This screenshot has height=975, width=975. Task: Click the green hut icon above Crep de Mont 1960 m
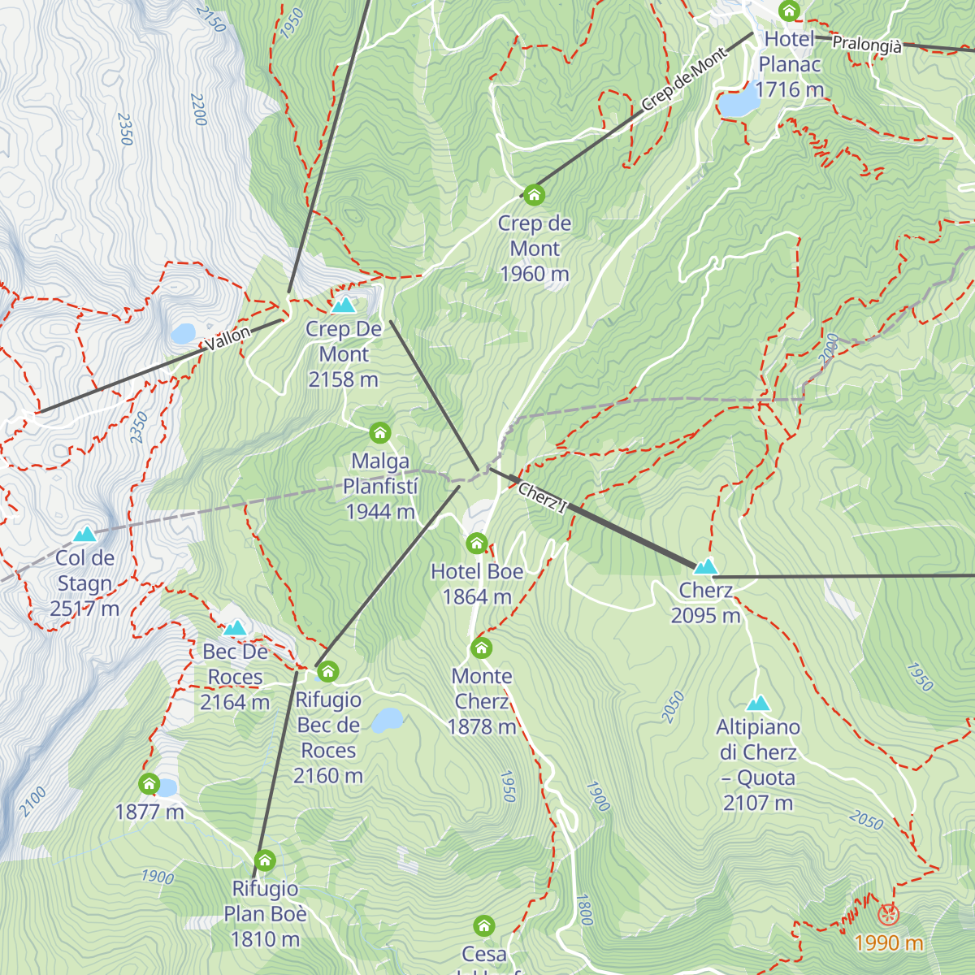point(534,195)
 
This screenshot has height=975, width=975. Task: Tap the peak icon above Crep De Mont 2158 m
point(344,305)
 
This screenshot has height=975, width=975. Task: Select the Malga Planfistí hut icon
point(379,432)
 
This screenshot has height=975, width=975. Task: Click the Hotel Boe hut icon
point(477,543)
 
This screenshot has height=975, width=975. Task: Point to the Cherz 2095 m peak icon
point(705,566)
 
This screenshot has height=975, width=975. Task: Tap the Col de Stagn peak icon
point(84,535)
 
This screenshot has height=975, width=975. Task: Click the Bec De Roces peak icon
point(235,628)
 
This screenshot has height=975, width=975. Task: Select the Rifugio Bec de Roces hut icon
point(327,671)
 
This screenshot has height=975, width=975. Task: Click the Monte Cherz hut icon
point(482,648)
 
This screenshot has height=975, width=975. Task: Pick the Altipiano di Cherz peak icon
point(758,704)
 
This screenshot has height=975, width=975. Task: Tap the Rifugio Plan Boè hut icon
point(265,860)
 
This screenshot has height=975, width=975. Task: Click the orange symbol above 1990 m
point(888,915)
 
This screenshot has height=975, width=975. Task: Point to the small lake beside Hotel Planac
point(737,104)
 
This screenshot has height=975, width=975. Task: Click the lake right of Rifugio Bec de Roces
point(388,720)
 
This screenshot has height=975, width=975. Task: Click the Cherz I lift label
point(543,498)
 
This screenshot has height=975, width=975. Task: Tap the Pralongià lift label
point(866,45)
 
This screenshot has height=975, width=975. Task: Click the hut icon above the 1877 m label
point(149,783)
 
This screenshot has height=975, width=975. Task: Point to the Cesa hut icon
point(484,925)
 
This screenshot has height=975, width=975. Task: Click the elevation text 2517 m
point(84,609)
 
